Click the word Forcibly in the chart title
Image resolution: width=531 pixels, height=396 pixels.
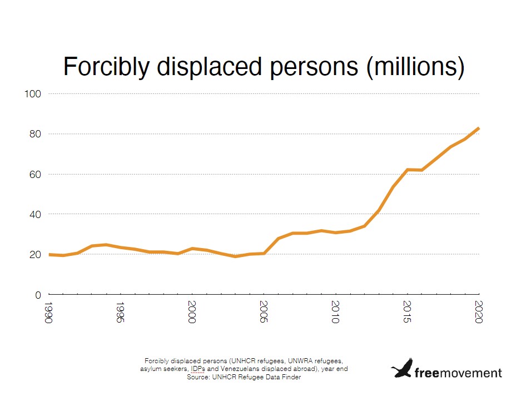[106, 67]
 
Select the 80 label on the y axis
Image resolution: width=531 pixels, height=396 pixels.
[35, 134]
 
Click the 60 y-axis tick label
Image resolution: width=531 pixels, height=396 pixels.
[35, 174]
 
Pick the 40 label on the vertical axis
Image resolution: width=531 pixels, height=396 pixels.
[35, 214]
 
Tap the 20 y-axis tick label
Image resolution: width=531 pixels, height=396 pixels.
[35, 254]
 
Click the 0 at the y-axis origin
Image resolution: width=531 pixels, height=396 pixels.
[38, 295]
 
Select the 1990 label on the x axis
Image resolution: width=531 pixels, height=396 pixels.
[49, 314]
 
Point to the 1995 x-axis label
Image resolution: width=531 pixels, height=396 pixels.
[121, 314]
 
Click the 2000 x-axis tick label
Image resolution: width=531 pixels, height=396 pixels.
[192, 314]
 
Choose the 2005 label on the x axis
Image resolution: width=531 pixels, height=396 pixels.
[264, 314]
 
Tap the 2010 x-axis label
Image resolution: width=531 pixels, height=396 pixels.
[336, 314]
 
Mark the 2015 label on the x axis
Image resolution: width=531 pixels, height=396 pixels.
[408, 314]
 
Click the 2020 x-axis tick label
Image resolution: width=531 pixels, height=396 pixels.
[479, 314]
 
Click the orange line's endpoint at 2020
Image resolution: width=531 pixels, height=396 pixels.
[479, 128]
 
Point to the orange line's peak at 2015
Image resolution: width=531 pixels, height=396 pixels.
[408, 169]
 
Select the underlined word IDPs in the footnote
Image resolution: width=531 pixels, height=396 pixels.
[197, 369]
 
